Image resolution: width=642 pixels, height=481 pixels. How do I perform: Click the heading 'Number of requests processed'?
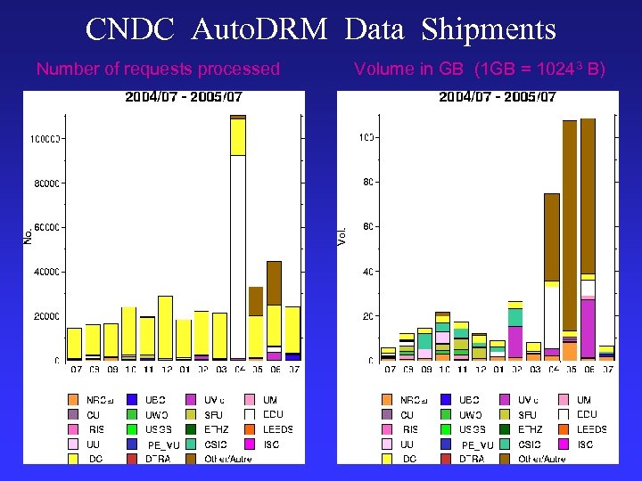[x=158, y=69]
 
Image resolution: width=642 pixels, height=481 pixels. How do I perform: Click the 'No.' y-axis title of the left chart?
[x=29, y=235]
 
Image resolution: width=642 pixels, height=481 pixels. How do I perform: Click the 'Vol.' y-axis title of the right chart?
[x=342, y=235]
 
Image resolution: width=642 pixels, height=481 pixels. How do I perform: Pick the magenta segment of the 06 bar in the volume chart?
[x=588, y=326]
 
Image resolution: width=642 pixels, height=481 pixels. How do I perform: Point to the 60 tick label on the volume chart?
[x=367, y=227]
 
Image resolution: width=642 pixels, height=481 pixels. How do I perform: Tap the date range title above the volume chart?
[x=498, y=96]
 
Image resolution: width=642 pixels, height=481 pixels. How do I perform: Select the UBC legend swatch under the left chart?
[x=133, y=400]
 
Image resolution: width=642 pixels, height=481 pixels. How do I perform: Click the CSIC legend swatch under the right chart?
[x=506, y=444]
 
